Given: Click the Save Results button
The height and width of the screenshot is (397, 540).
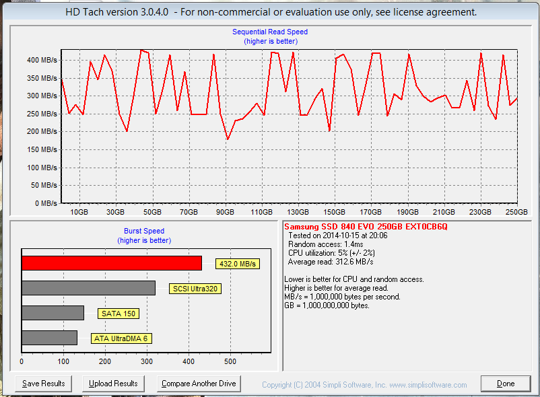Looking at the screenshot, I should coord(43,384).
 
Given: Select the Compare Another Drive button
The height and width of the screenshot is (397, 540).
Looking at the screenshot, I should coord(199,384).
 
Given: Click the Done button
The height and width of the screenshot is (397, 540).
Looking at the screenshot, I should coord(506,384).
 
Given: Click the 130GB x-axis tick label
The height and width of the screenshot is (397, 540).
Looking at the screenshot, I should coord(298,211).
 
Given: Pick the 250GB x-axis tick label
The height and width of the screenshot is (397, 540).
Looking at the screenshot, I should coord(516,211).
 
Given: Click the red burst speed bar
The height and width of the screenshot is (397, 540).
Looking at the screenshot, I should coord(112,263).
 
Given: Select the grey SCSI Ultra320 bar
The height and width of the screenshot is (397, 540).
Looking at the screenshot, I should coord(88,288).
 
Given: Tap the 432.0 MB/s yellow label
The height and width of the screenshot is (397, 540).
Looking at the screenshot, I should coord(237,264).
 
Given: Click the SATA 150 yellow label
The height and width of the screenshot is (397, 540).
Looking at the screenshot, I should coord(120,314).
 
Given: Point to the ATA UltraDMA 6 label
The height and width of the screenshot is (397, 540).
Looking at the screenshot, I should coord(121,338).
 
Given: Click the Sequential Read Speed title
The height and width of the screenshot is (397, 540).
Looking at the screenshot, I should coord(270,32).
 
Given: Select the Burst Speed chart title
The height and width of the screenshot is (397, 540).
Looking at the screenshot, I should coord(143,231).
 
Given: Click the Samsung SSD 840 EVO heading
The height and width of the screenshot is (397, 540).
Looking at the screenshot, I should coord(366,227).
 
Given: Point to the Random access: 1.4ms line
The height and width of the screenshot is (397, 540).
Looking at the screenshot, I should coord(326,244).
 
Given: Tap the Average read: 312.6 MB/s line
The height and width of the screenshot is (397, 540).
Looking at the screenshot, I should coord(331,262).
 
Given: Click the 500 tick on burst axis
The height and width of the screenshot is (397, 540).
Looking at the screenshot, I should coord(230,362).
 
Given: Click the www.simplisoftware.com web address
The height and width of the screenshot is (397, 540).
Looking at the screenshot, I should coord(428,385).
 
